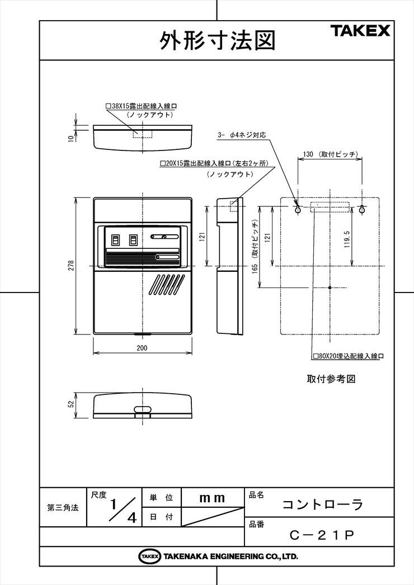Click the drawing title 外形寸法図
(218, 41)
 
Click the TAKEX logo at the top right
(360, 31)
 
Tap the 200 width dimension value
(142, 348)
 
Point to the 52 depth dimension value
(72, 404)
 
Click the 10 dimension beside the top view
(71, 138)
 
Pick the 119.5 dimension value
(347, 239)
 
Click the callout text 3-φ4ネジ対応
(242, 135)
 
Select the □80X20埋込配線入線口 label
(349, 356)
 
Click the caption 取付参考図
(331, 379)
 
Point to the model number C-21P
(322, 535)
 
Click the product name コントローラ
(323, 504)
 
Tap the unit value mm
(212, 498)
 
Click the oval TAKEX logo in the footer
(150, 556)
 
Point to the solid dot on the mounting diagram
(330, 287)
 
